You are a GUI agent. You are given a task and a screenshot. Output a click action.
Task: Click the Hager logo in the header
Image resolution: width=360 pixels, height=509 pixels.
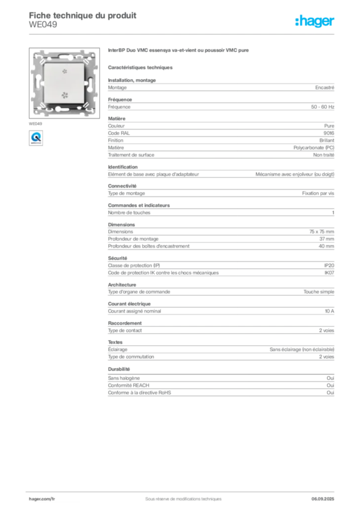pos(314,21)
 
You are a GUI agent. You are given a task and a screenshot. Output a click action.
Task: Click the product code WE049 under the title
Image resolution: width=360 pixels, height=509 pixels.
pos(43,25)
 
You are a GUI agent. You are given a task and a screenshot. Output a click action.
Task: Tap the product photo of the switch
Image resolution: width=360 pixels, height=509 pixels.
pos(64,83)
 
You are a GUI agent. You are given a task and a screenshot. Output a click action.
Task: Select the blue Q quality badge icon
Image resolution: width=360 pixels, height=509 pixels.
pos(36,138)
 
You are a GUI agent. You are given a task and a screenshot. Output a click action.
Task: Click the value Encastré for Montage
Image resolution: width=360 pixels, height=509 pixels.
pos(325,87)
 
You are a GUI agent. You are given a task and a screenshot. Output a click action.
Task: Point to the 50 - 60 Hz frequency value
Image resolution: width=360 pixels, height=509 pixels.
pos(322,107)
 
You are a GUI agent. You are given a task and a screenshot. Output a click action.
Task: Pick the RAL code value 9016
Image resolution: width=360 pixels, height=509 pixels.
pos(329,133)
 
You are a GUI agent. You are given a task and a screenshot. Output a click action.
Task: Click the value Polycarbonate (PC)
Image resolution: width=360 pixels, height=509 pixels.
pos(314,148)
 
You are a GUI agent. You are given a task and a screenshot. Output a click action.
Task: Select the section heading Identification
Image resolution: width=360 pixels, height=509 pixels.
pos(123,167)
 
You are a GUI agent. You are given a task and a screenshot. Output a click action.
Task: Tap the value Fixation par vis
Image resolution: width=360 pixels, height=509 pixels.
pos(318,193)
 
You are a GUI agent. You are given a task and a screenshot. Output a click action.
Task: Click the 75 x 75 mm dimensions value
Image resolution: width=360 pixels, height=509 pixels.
pos(322,232)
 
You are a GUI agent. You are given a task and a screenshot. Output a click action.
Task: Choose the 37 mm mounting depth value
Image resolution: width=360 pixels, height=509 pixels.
pos(327,239)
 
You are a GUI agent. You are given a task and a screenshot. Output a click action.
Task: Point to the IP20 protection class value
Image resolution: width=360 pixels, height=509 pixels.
pos(329,265)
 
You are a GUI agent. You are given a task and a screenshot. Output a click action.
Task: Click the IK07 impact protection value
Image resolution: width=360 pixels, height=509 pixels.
pos(329,273)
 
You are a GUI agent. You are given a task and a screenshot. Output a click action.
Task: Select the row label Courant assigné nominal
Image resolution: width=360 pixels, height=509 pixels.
pos(134,311)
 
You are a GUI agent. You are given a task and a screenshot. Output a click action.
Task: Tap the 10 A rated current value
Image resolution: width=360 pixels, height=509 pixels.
pos(330,311)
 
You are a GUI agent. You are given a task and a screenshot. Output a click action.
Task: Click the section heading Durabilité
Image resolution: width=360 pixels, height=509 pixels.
pos(119,369)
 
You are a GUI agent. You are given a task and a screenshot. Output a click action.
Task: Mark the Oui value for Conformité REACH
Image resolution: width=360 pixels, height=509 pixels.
pos(331,385)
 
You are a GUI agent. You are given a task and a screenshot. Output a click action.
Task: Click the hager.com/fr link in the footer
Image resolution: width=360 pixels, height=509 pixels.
pos(42,499)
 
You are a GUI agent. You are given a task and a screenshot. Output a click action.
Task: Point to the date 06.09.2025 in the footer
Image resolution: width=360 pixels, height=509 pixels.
pos(323,499)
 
